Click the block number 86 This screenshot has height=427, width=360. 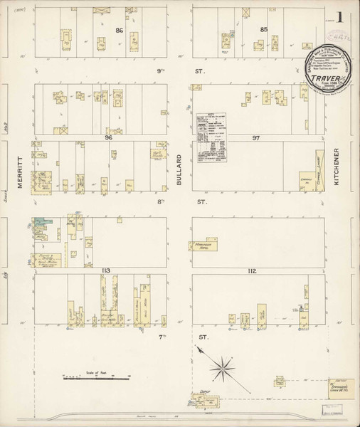point(120,30)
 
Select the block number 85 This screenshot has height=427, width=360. point(263,29)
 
